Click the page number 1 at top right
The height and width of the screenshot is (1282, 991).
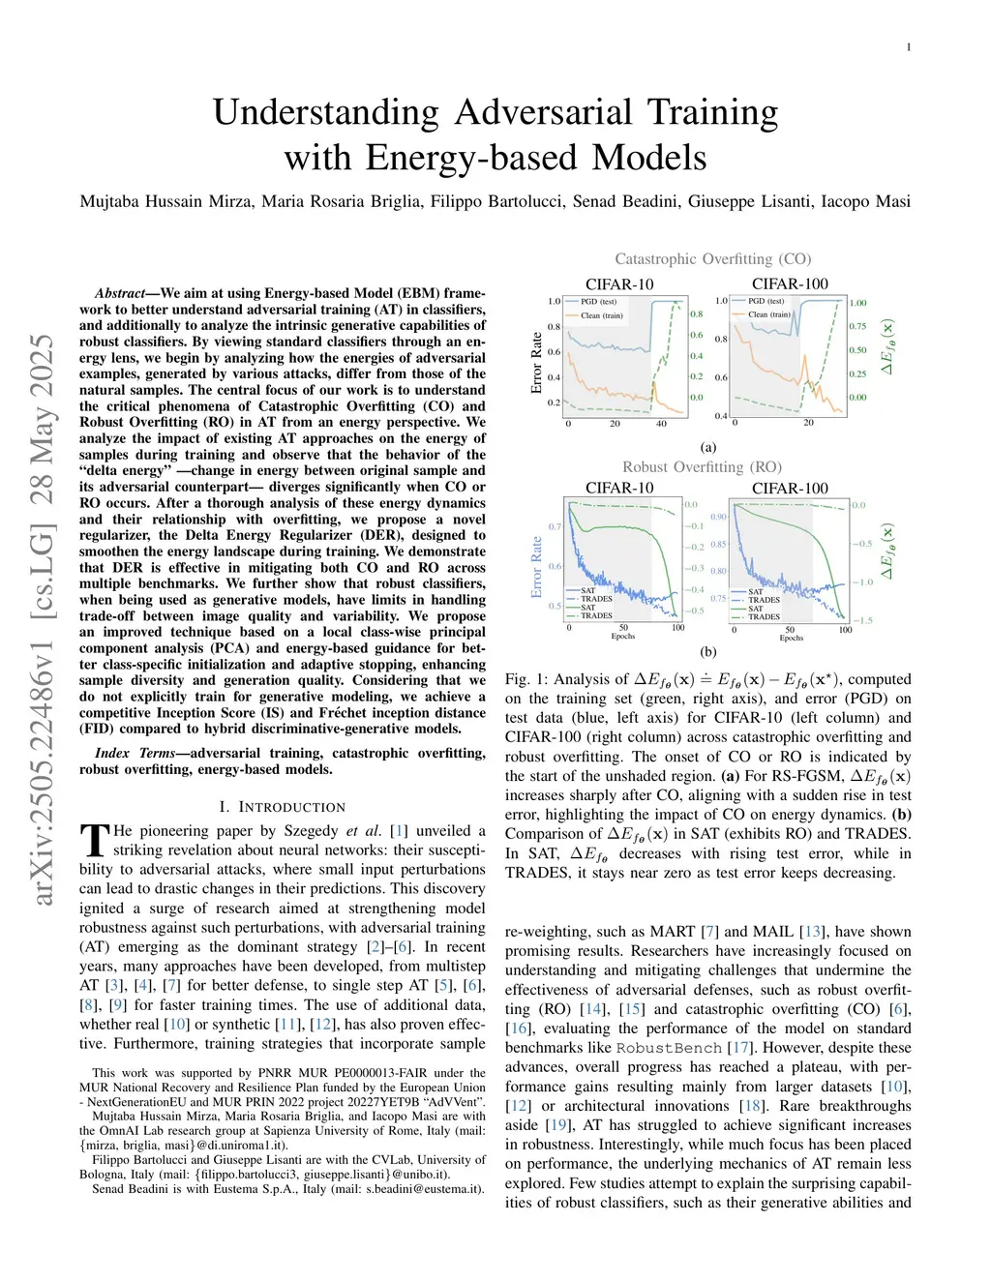[x=908, y=47]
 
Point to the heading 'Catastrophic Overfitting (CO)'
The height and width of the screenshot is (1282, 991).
[x=712, y=259]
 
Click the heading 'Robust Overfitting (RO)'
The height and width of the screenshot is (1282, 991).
[x=702, y=467]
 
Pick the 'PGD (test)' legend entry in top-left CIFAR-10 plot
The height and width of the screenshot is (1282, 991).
[x=600, y=302]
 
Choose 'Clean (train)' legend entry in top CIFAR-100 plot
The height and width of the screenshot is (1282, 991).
[x=768, y=314]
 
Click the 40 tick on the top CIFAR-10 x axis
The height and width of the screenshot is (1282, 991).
[x=661, y=424]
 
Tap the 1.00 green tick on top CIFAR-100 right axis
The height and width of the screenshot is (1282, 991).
[x=858, y=303]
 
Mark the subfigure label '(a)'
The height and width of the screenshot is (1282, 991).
[x=708, y=447]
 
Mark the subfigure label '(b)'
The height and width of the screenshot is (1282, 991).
[x=708, y=652]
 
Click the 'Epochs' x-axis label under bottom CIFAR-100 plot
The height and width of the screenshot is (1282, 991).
[x=791, y=638]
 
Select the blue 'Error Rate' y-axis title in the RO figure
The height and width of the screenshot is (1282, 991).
[x=537, y=567]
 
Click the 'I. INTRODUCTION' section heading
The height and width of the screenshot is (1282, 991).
[x=282, y=807]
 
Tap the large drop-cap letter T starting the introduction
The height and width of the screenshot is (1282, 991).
[x=94, y=840]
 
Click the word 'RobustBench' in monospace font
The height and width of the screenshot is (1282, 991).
[x=669, y=1048]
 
